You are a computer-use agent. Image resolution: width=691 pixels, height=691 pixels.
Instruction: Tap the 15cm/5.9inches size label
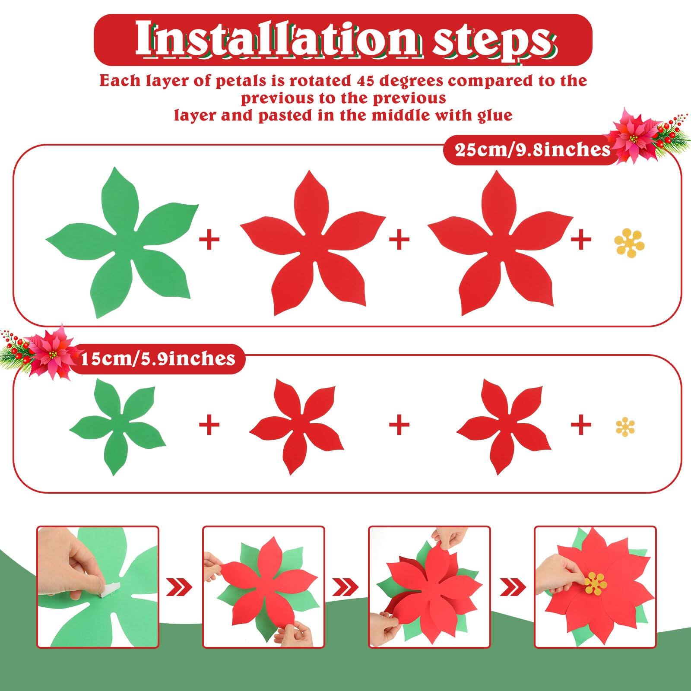158,358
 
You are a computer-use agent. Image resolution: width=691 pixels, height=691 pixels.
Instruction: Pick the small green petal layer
117,425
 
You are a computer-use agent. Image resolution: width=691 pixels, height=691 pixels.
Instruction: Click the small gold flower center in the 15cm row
625,427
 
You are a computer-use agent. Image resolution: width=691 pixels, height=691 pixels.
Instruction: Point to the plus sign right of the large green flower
209,240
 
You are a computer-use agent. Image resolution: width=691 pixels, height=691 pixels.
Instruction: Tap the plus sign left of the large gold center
581,240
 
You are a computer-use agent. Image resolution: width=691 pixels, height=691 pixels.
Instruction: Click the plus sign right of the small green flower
209,425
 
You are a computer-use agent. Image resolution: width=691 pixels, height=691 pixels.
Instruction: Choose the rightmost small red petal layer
503,425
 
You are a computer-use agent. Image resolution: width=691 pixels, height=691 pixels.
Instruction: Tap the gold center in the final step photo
596,583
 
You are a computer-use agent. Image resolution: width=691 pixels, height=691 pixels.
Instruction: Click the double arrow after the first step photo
181,587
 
